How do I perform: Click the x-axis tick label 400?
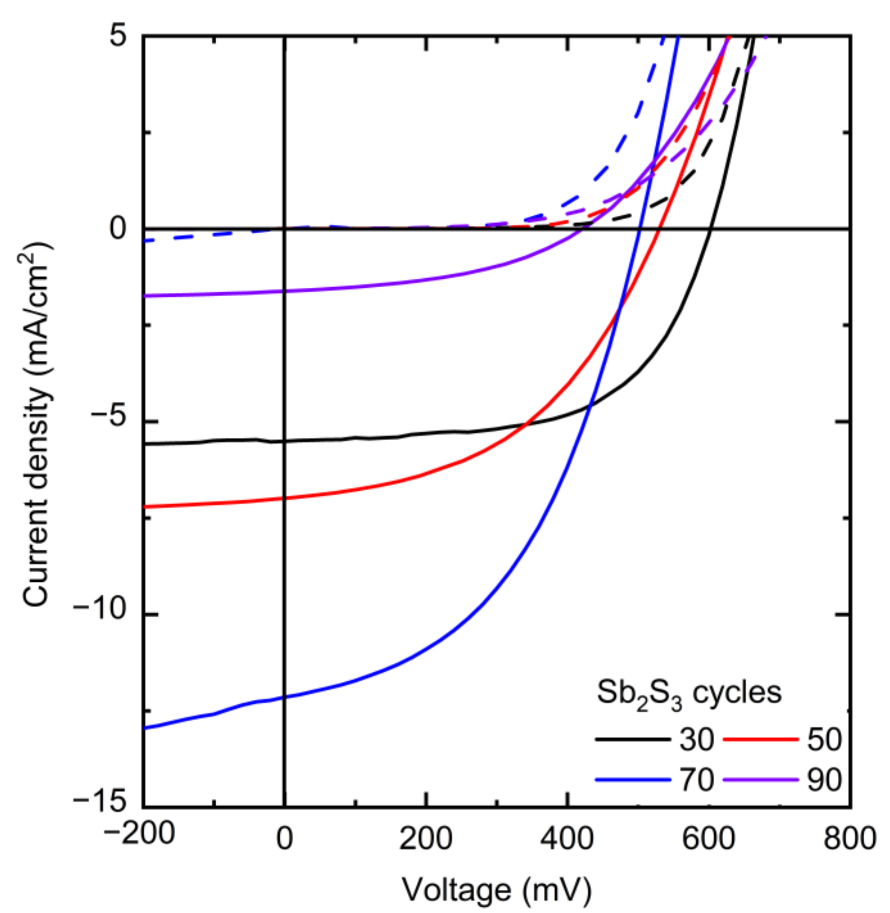[567, 839]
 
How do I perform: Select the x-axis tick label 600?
[709, 839]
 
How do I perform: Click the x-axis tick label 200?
[425, 839]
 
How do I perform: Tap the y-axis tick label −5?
[109, 422]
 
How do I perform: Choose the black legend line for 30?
[632, 739]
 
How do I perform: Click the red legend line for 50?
[760, 739]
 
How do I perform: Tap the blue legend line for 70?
[632, 779]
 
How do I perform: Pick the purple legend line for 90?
[760, 779]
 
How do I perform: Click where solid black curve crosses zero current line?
[710, 229]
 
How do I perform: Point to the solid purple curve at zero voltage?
[284, 291]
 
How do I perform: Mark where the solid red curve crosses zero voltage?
[284, 498]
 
